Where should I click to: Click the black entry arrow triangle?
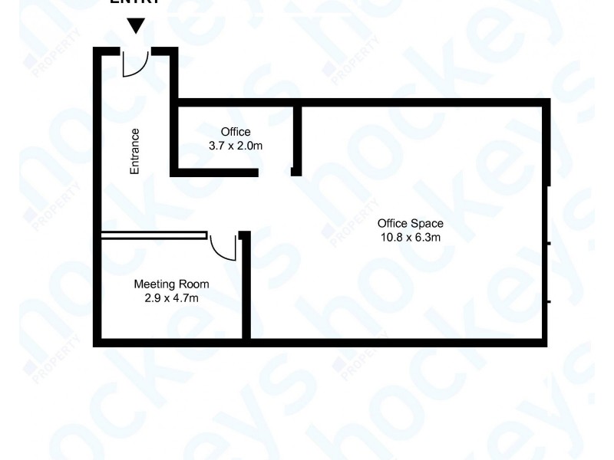[136, 26]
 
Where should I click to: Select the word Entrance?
[135, 150]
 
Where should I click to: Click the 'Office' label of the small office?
[236, 132]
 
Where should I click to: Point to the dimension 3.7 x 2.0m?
[236, 145]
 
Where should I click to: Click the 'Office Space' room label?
[410, 224]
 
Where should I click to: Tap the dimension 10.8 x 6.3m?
[410, 237]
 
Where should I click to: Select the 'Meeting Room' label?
[172, 284]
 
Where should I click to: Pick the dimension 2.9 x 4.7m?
[172, 297]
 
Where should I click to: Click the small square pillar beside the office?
[295, 172]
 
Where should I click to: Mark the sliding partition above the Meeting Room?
[153, 235]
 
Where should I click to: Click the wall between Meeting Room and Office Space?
[246, 291]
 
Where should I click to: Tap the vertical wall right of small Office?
[297, 134]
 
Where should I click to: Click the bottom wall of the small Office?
[215, 172]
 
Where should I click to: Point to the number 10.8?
[391, 237]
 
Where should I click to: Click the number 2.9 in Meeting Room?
[151, 297]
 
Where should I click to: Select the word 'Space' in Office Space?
[427, 224]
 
